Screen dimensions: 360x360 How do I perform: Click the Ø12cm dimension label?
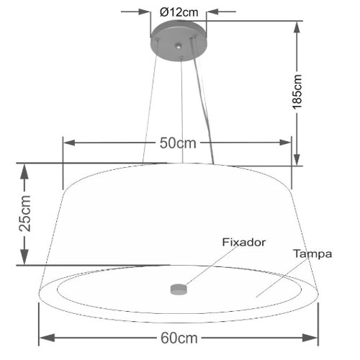[179, 12]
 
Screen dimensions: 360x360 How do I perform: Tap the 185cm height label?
[297, 92]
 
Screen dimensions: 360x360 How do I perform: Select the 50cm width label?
[178, 143]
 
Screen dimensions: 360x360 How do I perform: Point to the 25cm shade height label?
[25, 214]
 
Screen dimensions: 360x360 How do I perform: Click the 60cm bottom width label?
[179, 338]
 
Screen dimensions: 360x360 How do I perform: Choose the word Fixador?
[244, 242]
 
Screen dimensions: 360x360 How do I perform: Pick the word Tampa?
[312, 254]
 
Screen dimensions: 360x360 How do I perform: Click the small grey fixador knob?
[179, 289]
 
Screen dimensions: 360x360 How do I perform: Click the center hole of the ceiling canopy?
[178, 45]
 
